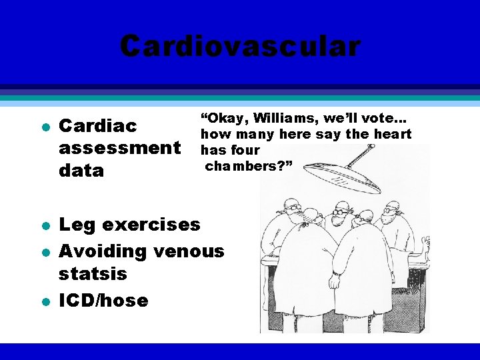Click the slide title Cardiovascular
pos(240,47)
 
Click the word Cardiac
pos(98,125)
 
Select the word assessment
pos(120,147)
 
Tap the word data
pos(82,170)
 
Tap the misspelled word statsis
pos(93,274)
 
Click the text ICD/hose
pos(103,300)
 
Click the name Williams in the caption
pos(279,118)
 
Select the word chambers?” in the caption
pos(249,165)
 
